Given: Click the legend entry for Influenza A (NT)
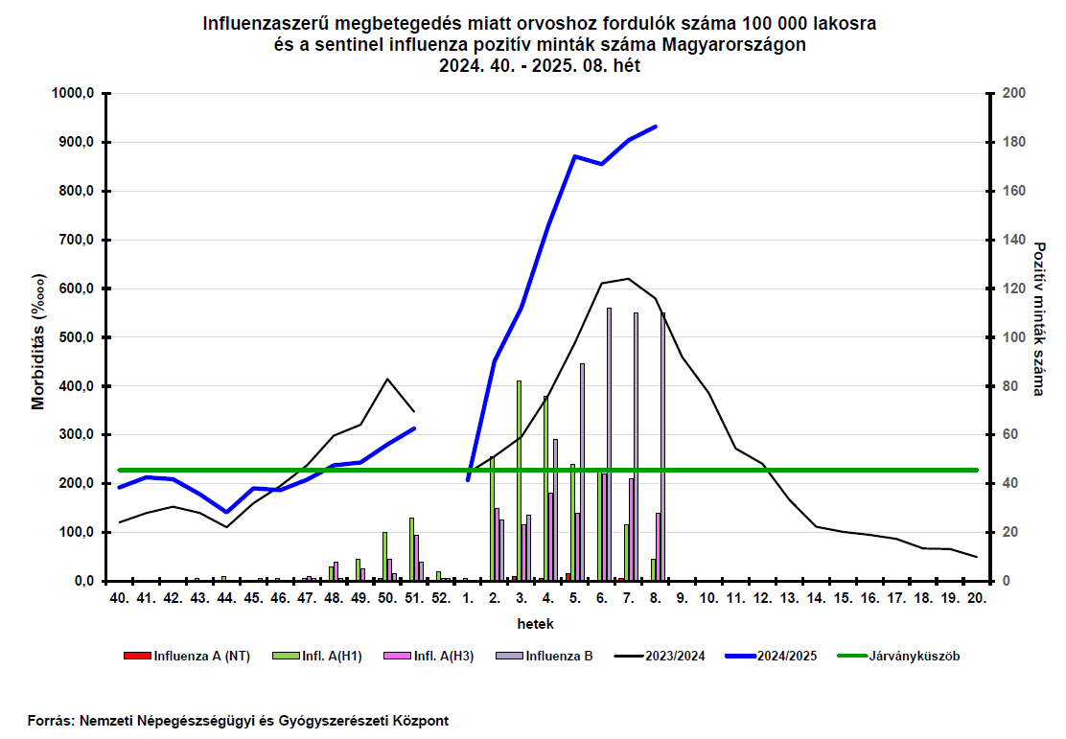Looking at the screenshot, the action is coord(187,656).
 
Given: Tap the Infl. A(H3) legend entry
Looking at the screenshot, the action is coord(429,656).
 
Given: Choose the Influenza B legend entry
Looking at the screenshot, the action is coord(544,656).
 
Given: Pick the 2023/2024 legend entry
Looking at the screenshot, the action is coord(660,656).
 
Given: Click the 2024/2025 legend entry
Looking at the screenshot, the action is coord(772,656).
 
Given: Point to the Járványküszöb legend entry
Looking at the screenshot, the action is coord(899,656).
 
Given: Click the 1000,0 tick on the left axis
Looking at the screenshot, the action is coord(73,93).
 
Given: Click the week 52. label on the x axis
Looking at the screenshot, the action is coord(441,598).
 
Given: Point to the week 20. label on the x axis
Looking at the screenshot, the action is coord(977,598).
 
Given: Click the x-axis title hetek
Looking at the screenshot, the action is coord(536,624).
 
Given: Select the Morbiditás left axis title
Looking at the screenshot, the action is coord(38,341).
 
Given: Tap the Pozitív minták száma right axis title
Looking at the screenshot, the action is coord(1038,319).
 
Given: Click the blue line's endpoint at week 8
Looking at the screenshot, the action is coord(656,127).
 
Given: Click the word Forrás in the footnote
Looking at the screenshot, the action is coord(50,721).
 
